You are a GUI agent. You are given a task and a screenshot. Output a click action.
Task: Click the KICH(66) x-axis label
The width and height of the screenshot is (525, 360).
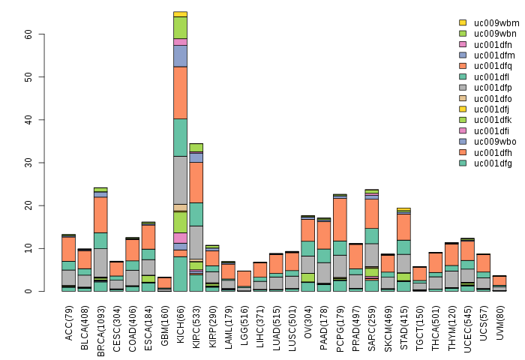click(180, 319)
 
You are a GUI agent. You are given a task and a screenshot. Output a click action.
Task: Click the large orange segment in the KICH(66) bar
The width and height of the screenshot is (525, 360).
click(180, 92)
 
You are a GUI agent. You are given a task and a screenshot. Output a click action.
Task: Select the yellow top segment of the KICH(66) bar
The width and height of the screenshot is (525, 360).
click(180, 13)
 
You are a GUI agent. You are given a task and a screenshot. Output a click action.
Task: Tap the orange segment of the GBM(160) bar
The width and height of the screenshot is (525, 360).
click(164, 283)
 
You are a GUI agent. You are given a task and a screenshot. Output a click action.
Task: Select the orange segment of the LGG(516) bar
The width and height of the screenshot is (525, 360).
click(244, 278)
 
